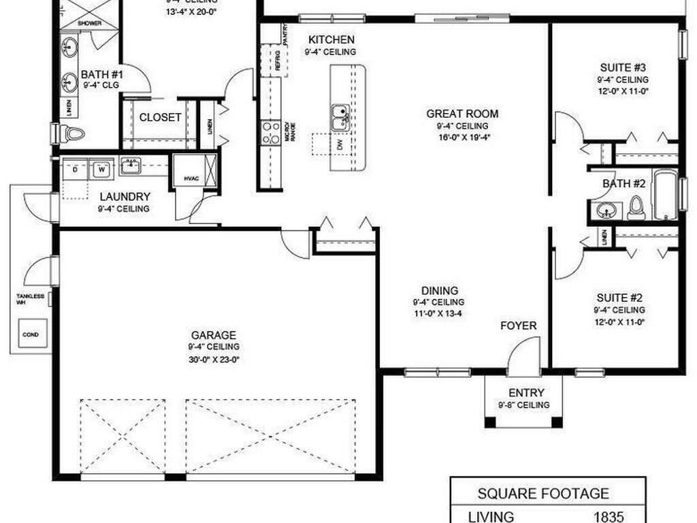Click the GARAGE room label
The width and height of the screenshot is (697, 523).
(x=214, y=335)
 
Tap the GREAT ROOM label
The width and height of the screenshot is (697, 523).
(x=462, y=114)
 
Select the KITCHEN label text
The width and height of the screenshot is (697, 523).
(x=331, y=39)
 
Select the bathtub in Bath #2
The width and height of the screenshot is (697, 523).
(x=666, y=195)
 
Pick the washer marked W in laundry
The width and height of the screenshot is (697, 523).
(x=101, y=168)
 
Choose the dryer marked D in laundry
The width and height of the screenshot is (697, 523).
(x=75, y=168)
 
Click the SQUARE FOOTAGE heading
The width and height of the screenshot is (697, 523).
(x=542, y=494)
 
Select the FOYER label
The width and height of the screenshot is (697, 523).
(x=519, y=326)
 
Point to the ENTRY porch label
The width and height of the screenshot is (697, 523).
(x=526, y=393)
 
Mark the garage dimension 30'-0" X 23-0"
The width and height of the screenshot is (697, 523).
(x=214, y=359)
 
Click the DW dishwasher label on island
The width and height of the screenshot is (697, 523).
(x=339, y=145)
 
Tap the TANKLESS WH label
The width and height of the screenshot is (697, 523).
(x=31, y=299)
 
